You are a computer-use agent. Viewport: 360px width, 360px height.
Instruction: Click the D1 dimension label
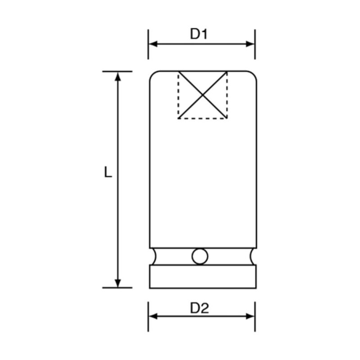198,34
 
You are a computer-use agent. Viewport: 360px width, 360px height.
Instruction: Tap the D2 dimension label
199,308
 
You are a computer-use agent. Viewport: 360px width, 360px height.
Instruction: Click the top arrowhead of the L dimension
118,76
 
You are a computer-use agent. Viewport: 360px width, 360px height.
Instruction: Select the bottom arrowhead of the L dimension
118,283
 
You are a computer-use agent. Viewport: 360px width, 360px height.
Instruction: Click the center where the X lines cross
202,95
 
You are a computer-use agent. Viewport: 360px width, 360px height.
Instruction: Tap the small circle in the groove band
200,256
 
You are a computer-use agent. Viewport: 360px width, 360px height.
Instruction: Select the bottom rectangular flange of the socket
202,276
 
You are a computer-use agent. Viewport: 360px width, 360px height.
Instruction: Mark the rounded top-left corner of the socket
153,75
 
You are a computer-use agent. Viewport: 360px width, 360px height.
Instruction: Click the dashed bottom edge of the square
202,118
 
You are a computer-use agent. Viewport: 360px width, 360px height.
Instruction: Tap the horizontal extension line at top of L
117,71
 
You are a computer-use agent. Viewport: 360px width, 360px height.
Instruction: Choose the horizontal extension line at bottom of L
117,287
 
